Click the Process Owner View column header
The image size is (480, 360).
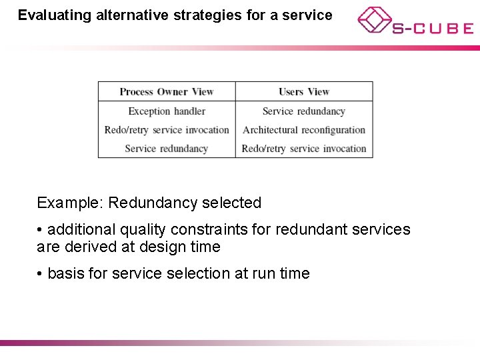click(167, 92)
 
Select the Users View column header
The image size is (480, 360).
click(304, 92)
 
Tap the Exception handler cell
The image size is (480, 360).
click(167, 111)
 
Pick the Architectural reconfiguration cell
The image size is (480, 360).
click(304, 130)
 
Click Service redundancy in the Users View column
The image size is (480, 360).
click(304, 111)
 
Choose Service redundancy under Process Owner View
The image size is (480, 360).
click(167, 149)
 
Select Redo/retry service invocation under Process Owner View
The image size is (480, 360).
click(167, 130)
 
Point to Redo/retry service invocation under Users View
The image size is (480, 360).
click(304, 149)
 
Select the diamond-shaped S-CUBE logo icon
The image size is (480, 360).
click(373, 20)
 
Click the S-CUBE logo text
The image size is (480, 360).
click(433, 29)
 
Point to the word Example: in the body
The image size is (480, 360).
click(70, 203)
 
